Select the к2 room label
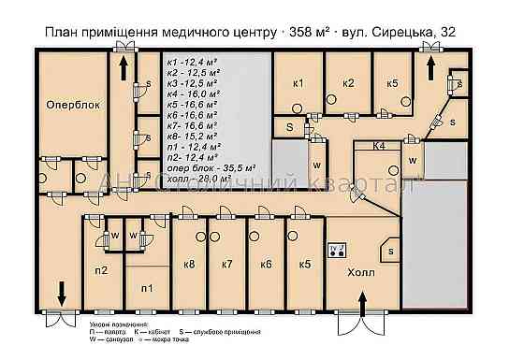point(348,83)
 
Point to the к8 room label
point(190,265)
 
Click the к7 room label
point(226,265)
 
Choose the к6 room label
point(266,265)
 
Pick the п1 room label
point(146,289)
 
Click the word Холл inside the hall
point(360,274)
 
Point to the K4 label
point(380,147)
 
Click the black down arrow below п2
point(63,293)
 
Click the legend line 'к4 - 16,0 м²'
point(191,94)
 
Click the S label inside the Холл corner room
point(391,252)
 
